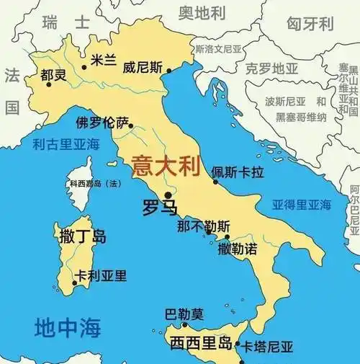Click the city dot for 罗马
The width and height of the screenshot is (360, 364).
tap(168, 195)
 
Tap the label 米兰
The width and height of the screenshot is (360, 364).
tap(102, 60)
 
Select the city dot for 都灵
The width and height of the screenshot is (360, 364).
tap(49, 84)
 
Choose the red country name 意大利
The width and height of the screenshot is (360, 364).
tap(164, 168)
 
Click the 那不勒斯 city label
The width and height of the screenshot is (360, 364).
tap(204, 226)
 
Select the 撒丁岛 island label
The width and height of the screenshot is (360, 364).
tap(80, 236)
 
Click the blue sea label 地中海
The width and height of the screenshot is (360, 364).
tap(68, 328)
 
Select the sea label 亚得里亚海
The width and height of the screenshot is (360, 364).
tap(300, 205)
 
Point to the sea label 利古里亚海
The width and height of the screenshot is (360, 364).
tap(65, 144)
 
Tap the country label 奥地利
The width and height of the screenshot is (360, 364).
tap(202, 14)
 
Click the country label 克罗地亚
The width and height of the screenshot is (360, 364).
tap(271, 69)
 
